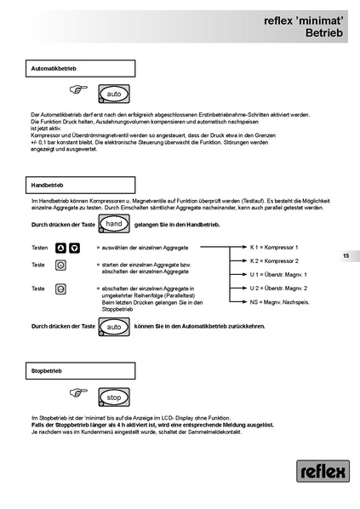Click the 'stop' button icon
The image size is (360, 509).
[114, 397]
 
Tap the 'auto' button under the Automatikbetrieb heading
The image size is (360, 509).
[114, 93]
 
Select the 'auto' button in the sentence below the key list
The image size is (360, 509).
[114, 326]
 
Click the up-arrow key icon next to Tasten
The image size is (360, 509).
[60, 248]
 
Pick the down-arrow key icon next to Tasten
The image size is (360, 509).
[75, 248]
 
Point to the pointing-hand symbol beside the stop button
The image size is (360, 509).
[79, 392]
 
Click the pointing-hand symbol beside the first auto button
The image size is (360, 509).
[79, 89]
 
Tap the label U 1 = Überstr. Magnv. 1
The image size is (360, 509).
[278, 275]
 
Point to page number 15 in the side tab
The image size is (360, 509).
[346, 255]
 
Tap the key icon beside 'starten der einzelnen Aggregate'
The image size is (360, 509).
[60, 266]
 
